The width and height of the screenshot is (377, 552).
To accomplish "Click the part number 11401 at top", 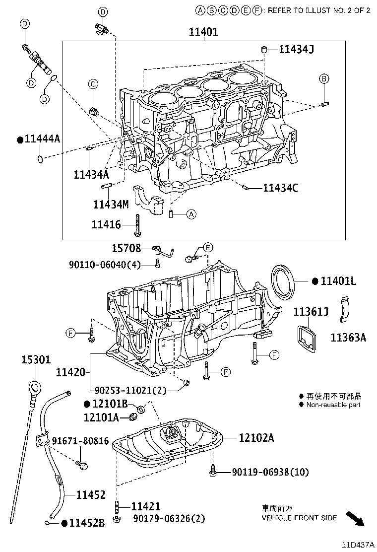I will tap(203, 32).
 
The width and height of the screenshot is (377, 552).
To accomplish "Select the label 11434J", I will tap(296, 49).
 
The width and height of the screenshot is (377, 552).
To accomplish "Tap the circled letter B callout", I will tap(323, 78).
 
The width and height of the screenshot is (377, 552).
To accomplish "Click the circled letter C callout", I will tap(93, 85).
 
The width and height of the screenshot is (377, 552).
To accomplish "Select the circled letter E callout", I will tap(208, 247).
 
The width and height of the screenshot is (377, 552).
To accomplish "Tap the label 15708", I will tap(126, 248).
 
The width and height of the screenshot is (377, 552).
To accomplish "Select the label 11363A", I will tap(348, 338).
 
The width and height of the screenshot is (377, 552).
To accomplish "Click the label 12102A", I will tap(256, 438).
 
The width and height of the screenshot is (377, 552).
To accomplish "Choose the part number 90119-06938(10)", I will tap(270, 472).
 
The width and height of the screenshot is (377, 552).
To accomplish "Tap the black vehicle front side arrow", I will tap(355, 518).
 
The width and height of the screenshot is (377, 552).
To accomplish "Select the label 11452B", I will tap(86, 523).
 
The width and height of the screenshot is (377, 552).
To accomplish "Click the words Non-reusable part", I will tap(333, 405).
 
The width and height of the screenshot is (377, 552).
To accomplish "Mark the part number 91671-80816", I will tap(80, 441).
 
